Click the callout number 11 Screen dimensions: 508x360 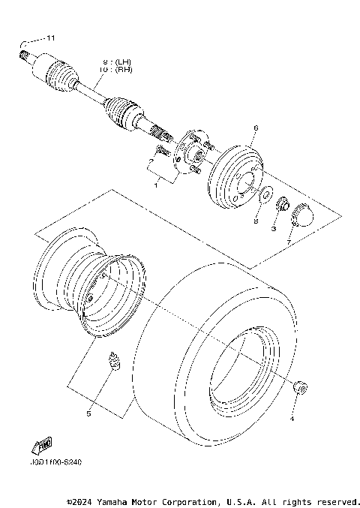51,38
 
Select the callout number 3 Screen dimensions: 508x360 274,227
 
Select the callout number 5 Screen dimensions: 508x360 88,413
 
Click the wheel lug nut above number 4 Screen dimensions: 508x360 301,388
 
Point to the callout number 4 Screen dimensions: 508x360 292,418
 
